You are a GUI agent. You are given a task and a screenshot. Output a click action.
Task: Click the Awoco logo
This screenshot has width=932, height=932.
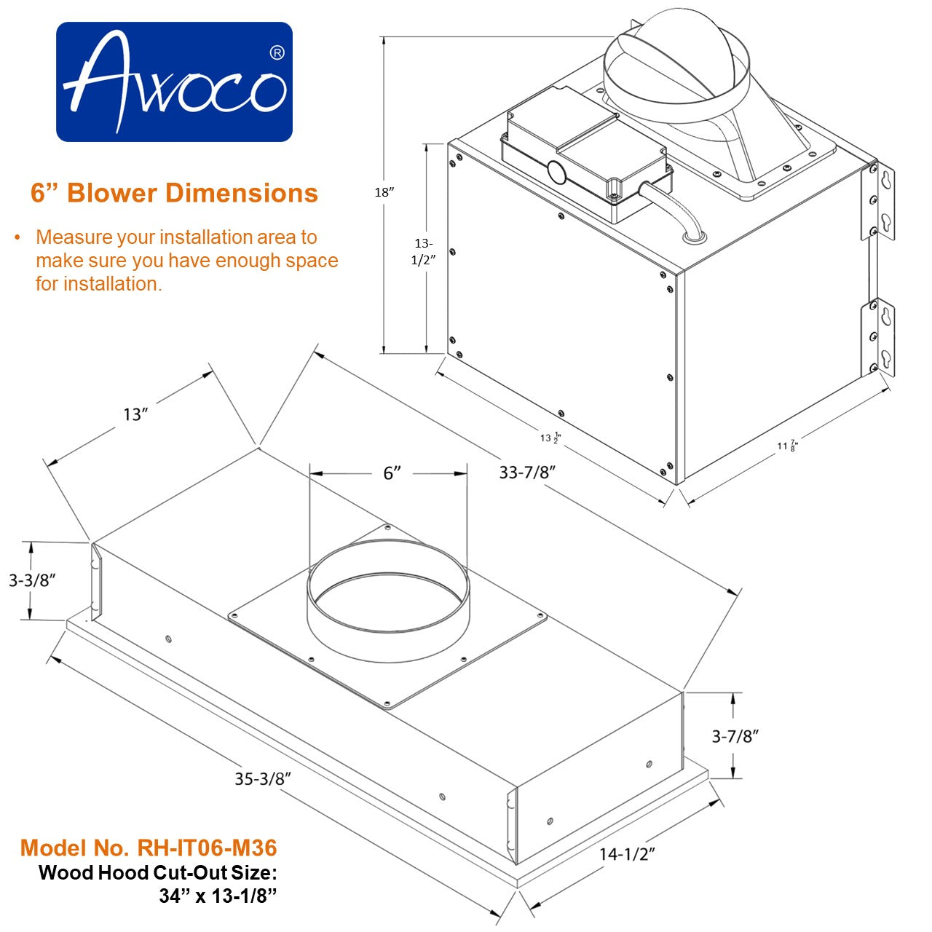pyautogui.click(x=174, y=82)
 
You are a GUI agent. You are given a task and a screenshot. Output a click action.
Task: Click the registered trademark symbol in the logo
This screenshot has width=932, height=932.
pyautogui.click(x=277, y=53)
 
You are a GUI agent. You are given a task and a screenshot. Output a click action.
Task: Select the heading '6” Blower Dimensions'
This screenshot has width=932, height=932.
pyautogui.click(x=174, y=193)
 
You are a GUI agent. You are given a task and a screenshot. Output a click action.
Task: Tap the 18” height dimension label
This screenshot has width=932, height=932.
pyautogui.click(x=384, y=192)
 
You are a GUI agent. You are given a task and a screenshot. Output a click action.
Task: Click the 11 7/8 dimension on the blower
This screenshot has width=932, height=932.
pyautogui.click(x=787, y=446)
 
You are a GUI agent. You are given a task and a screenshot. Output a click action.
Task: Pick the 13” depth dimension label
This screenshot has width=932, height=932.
pyautogui.click(x=135, y=414)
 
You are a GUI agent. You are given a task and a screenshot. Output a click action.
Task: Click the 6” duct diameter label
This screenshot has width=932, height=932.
pyautogui.click(x=392, y=473)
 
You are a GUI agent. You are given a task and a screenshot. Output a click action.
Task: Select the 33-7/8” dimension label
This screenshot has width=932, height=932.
pyautogui.click(x=527, y=472)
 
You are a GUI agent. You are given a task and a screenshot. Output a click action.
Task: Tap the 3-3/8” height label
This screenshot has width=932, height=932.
pyautogui.click(x=33, y=580)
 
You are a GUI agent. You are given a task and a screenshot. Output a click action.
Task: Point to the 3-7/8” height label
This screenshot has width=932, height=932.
pyautogui.click(x=735, y=736)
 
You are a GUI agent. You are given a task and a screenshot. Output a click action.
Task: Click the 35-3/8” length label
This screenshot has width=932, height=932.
pyautogui.click(x=263, y=778)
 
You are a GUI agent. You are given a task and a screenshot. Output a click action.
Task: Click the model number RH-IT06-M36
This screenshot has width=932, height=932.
pyautogui.click(x=149, y=848)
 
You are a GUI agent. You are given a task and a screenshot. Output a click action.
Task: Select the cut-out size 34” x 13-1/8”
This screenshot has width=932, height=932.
pyautogui.click(x=218, y=896)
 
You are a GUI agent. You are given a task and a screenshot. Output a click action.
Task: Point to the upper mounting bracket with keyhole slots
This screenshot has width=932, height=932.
pyautogui.click(x=878, y=202)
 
